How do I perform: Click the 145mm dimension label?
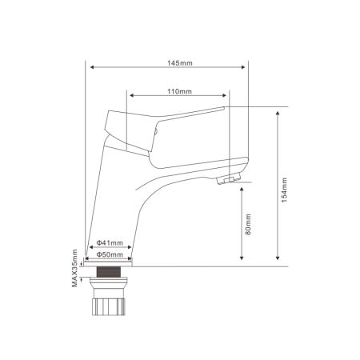click(x=180, y=63)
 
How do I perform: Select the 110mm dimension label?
click(x=179, y=91)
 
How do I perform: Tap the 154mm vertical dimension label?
click(x=285, y=190)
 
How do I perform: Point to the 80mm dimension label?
click(x=248, y=224)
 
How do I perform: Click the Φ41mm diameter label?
click(x=110, y=243)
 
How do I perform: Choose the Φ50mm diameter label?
click(x=110, y=254)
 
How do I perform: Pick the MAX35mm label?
click(x=74, y=268)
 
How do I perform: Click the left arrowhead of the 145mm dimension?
click(x=92, y=67)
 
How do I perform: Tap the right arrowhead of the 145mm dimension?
click(x=243, y=67)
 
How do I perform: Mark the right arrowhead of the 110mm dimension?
click(x=224, y=95)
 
